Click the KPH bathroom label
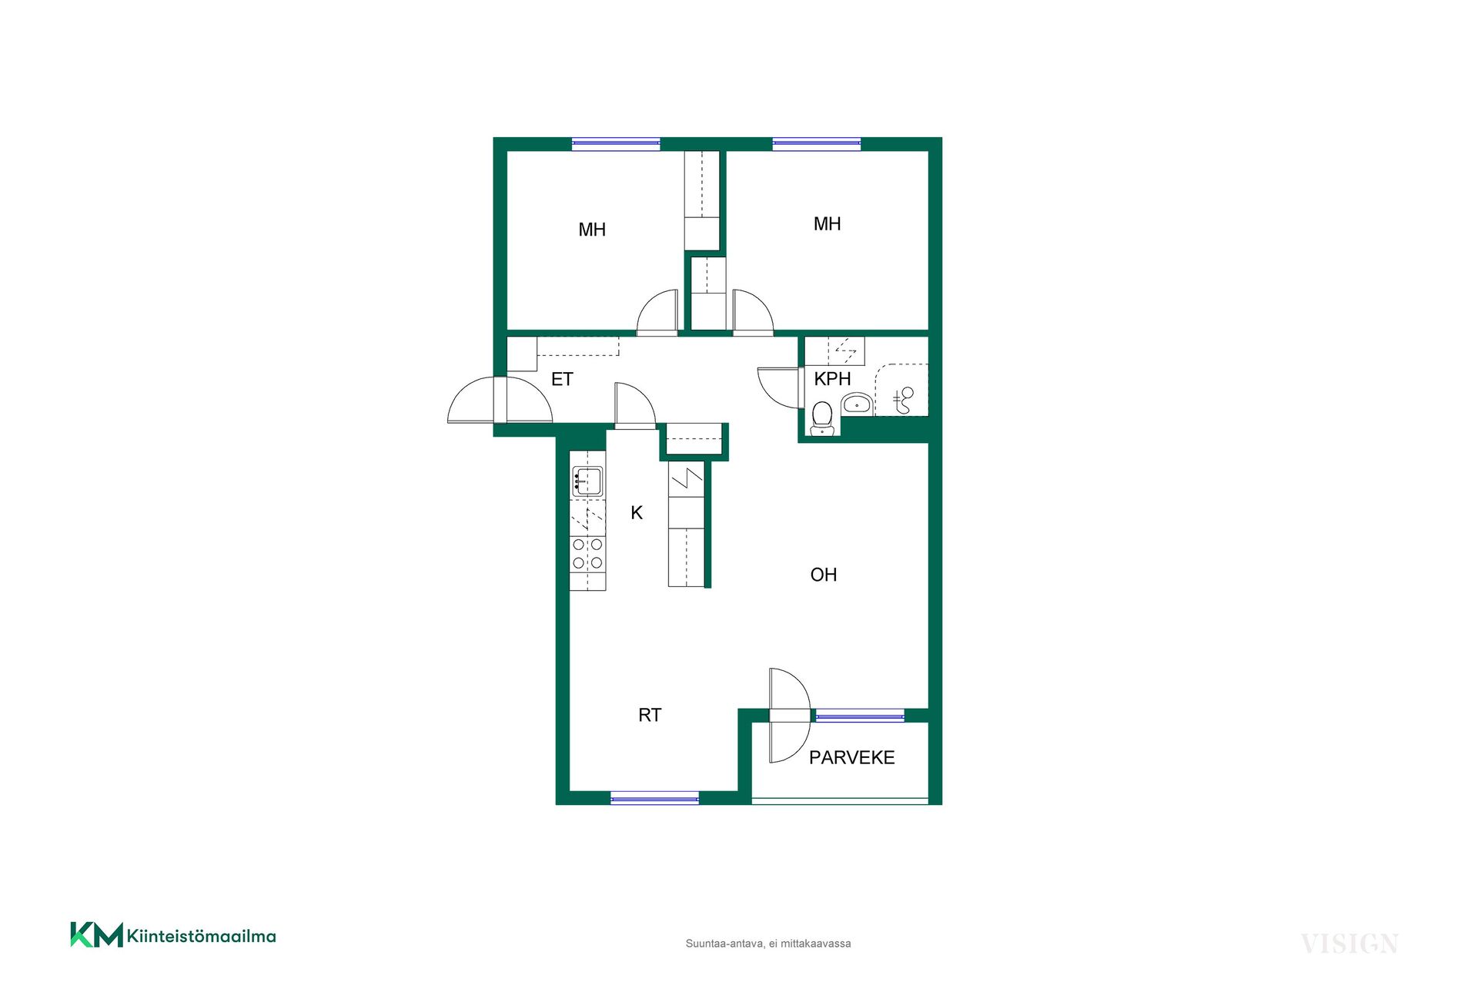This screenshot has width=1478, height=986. [x=832, y=379]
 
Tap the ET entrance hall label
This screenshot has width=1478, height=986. [x=562, y=379]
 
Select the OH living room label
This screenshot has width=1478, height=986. [x=823, y=575]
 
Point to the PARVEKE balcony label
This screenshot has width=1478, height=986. [x=851, y=758]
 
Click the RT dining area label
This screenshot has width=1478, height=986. [x=650, y=715]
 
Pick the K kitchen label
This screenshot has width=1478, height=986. [x=637, y=513]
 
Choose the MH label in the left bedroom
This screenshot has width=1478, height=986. [x=592, y=230]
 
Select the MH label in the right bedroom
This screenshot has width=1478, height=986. [x=828, y=224]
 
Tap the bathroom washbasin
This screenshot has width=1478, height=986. [x=857, y=404]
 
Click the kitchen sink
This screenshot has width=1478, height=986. [x=587, y=481]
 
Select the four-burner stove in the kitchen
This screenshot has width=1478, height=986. [x=587, y=554]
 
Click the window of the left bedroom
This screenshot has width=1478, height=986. [x=616, y=143]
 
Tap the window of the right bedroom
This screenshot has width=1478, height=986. [x=816, y=143]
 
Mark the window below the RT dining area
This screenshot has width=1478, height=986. [x=654, y=798]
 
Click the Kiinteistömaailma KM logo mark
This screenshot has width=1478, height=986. [x=96, y=934]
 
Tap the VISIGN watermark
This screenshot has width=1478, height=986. [x=1349, y=944]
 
